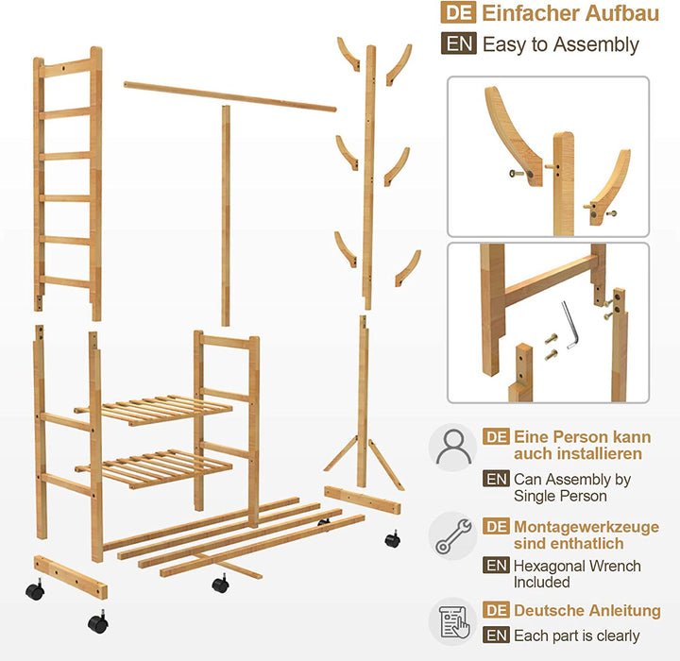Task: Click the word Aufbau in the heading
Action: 621,13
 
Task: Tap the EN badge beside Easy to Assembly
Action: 458,43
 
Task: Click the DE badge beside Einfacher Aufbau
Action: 458,12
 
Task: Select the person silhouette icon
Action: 453,447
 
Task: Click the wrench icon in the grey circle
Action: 453,535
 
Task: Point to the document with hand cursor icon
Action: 453,623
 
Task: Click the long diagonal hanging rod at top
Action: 229,96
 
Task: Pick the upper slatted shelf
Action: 153,410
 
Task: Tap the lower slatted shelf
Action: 154,468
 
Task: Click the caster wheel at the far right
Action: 392,538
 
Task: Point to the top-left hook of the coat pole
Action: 349,54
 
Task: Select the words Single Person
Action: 560,496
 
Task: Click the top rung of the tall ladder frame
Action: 65,68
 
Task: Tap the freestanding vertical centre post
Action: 226,215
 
